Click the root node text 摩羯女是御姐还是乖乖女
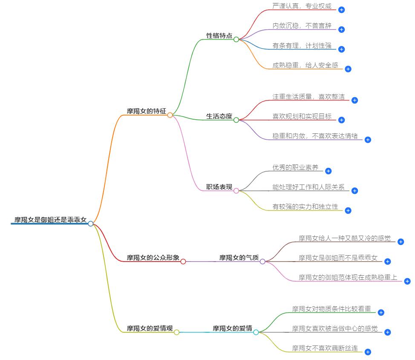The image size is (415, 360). click(50, 220)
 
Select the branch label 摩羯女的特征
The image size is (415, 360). click(146, 111)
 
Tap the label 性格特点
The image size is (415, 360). click(219, 36)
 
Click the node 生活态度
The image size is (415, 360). click(219, 116)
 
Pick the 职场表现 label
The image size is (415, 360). click(219, 187)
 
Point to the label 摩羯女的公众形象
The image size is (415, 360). click(153, 258)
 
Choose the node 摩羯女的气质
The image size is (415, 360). click(239, 258)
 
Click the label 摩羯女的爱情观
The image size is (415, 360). click(150, 328)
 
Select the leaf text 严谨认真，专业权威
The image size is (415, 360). click(302, 6)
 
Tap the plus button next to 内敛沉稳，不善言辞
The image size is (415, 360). click(341, 29)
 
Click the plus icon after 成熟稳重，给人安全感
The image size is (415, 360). click(348, 69)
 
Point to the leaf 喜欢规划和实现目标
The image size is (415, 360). click(302, 116)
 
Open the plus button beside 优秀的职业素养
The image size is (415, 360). click(328, 171)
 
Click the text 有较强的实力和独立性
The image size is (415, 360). click(305, 207)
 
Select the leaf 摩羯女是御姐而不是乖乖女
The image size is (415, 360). click(338, 258)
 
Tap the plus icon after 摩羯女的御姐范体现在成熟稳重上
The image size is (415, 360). click(407, 281)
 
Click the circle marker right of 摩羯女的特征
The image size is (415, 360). click(170, 115)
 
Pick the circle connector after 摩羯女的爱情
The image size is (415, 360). click(256, 332)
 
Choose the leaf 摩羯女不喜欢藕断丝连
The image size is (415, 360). click(325, 348)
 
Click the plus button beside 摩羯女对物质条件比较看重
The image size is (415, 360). click(381, 312)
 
